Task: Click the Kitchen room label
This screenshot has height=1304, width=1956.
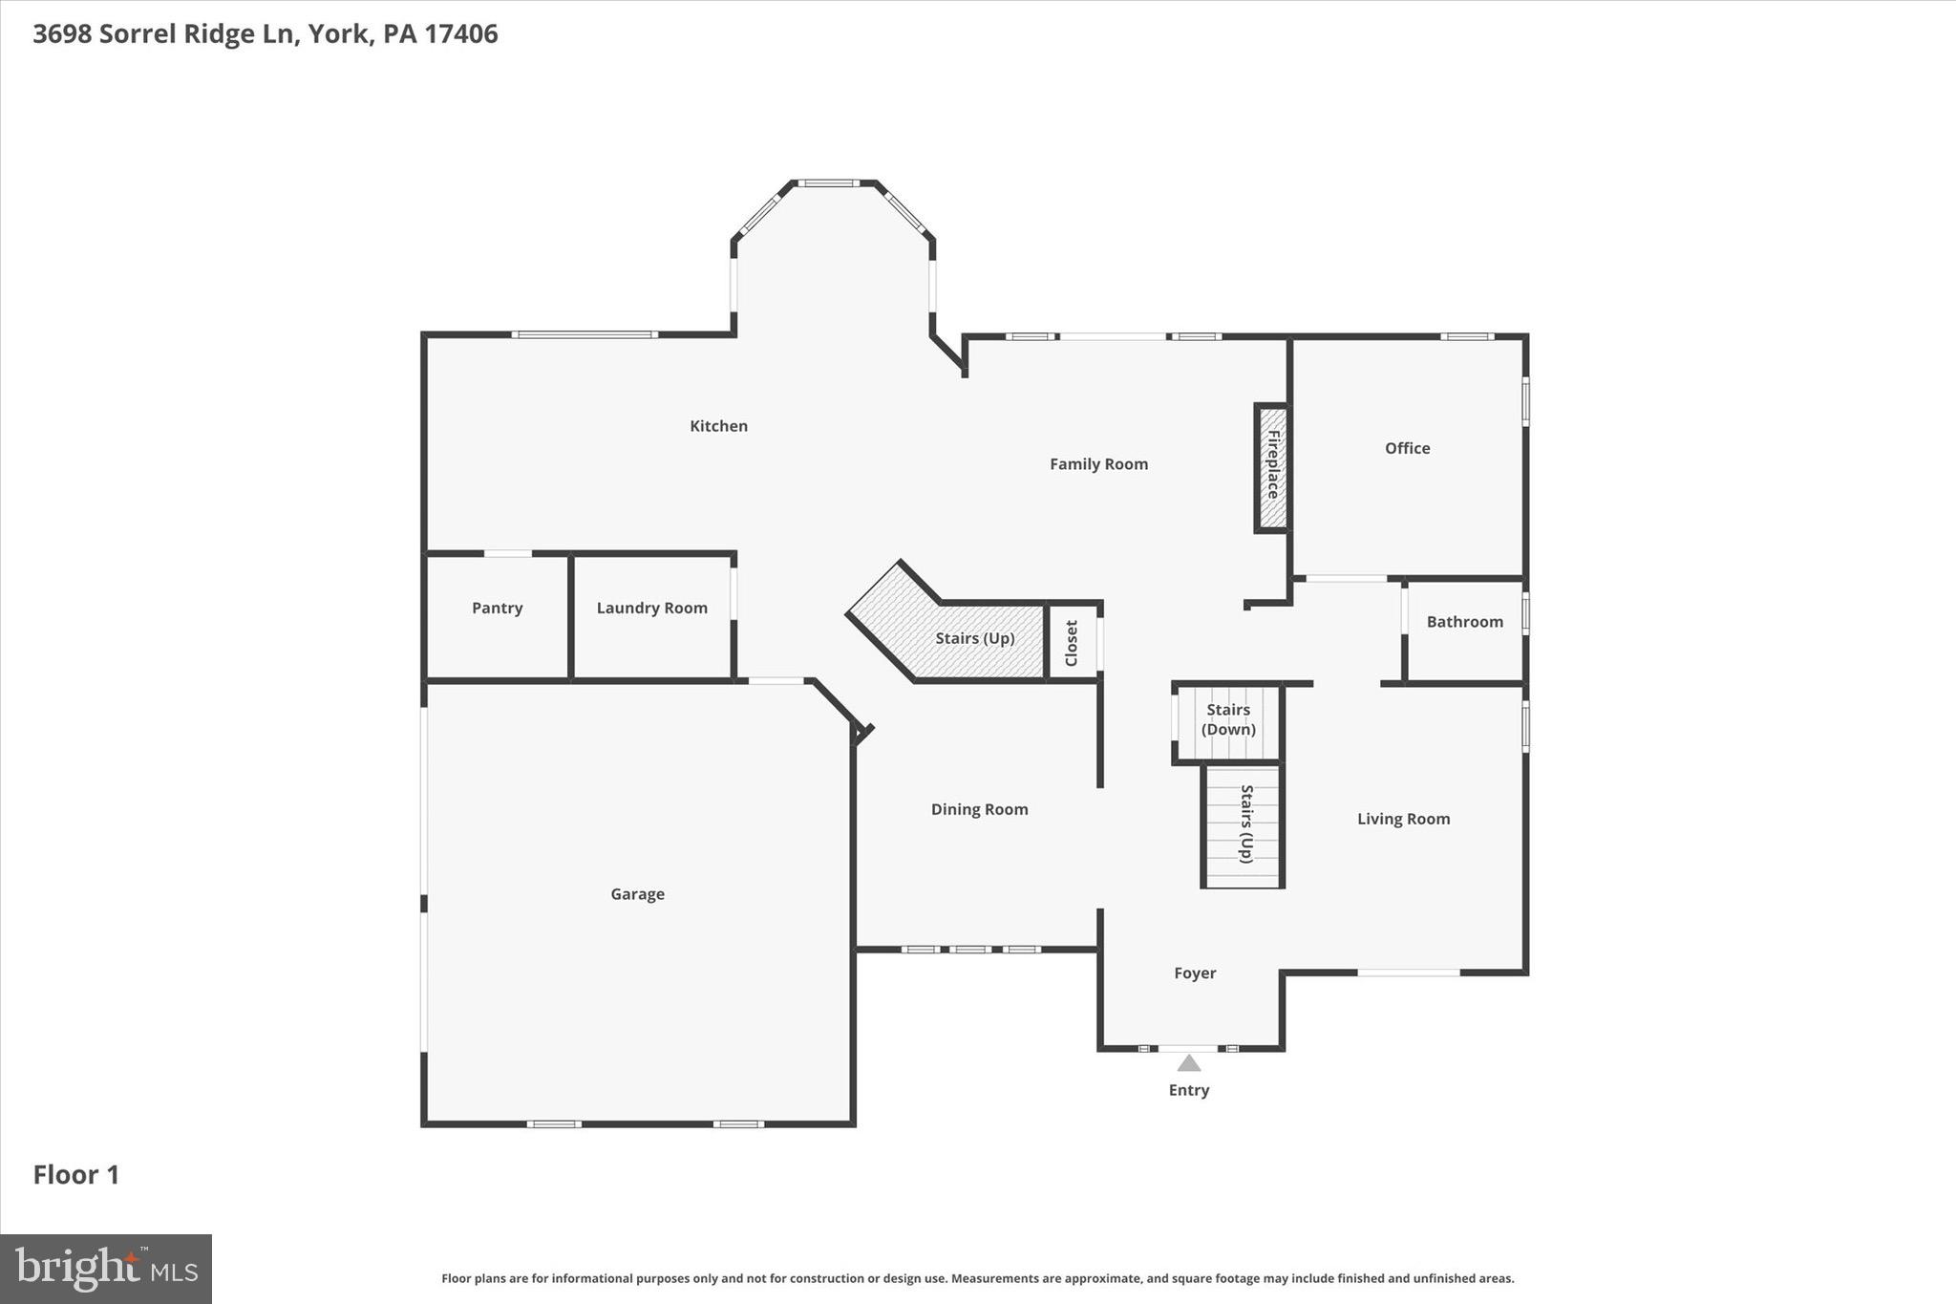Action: coord(718,426)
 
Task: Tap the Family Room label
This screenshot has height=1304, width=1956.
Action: coord(1098,464)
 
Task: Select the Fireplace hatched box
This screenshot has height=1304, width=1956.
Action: coord(1271,467)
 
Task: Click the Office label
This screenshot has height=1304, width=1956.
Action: coord(1407,448)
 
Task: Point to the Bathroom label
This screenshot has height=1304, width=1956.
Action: coord(1464,622)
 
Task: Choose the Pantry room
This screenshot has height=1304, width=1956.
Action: coord(497,609)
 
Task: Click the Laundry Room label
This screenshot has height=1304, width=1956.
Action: coord(651,609)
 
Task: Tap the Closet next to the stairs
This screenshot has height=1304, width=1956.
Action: coord(1072,643)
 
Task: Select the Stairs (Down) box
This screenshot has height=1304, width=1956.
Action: coord(1227,720)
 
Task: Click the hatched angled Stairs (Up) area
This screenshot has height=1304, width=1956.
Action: coord(974,638)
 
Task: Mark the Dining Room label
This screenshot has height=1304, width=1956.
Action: coord(979,809)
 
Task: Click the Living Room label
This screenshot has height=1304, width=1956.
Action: coord(1403,819)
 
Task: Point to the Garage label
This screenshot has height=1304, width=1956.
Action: coord(637,894)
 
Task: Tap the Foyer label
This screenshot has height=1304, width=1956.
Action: coord(1195,973)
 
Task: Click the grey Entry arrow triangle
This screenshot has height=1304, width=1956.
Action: coord(1188,1063)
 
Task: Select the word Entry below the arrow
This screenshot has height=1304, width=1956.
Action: coord(1188,1090)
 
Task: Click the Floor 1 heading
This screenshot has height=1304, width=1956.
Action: coord(76,1175)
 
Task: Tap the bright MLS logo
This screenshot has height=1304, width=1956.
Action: coord(106,1269)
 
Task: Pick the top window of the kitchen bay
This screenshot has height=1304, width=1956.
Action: coord(829,182)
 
